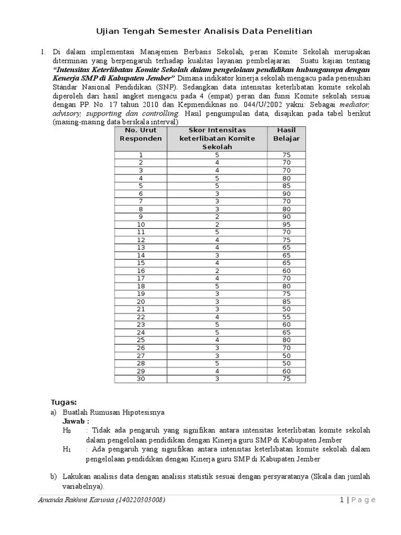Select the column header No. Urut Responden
(x=141, y=134)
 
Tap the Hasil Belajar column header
(x=287, y=134)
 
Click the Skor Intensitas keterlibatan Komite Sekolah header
(x=217, y=138)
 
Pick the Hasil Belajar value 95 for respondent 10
(x=287, y=224)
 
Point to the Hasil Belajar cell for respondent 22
(x=287, y=317)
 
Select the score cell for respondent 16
(x=217, y=271)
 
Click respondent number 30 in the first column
(x=141, y=379)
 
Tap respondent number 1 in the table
(x=141, y=155)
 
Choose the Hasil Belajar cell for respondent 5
(x=287, y=185)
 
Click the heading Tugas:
(x=64, y=402)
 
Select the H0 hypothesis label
(x=66, y=431)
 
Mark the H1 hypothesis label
(x=66, y=449)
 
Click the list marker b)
(x=53, y=476)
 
